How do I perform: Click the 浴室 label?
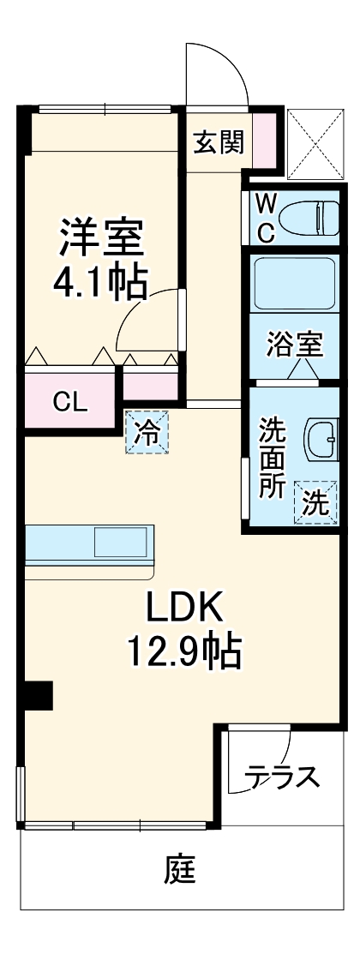(x=294, y=345)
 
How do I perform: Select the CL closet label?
(x=70, y=401)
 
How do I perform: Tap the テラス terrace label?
(x=284, y=777)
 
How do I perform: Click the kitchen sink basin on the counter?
(x=123, y=543)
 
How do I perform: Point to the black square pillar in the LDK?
(x=38, y=695)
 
